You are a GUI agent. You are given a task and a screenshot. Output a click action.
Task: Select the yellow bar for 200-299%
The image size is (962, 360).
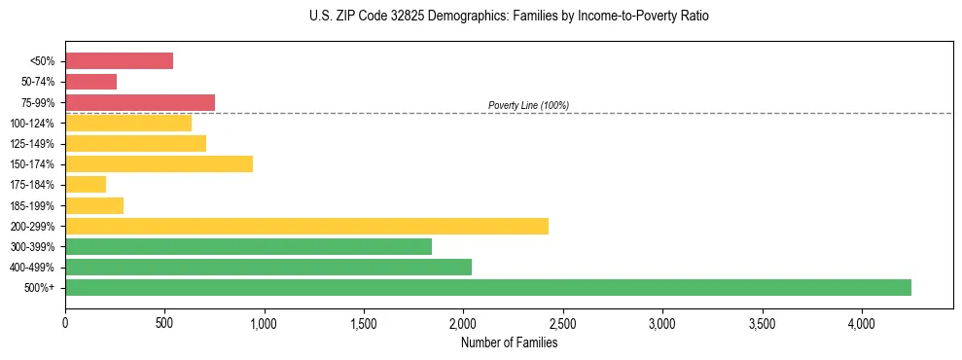(x=306, y=226)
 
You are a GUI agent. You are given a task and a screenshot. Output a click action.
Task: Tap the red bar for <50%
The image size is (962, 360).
(x=119, y=61)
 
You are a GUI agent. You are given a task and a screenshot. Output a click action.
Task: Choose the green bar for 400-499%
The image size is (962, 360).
(x=268, y=267)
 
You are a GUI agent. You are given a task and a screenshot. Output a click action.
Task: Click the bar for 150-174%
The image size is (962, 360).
(x=159, y=163)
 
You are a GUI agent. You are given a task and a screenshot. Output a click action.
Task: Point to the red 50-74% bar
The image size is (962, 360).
(x=90, y=82)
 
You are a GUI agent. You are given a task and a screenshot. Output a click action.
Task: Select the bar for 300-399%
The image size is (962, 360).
(x=248, y=246)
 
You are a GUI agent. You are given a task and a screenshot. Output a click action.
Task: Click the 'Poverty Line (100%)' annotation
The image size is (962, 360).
(x=528, y=105)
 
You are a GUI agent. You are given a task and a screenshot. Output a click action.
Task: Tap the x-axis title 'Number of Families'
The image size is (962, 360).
(x=509, y=342)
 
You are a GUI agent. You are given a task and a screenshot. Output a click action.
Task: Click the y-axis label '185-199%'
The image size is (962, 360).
(x=34, y=205)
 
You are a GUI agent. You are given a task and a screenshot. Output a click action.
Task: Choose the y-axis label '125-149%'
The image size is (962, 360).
(x=34, y=144)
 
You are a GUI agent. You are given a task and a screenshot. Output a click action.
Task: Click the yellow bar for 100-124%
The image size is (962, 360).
(x=128, y=123)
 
